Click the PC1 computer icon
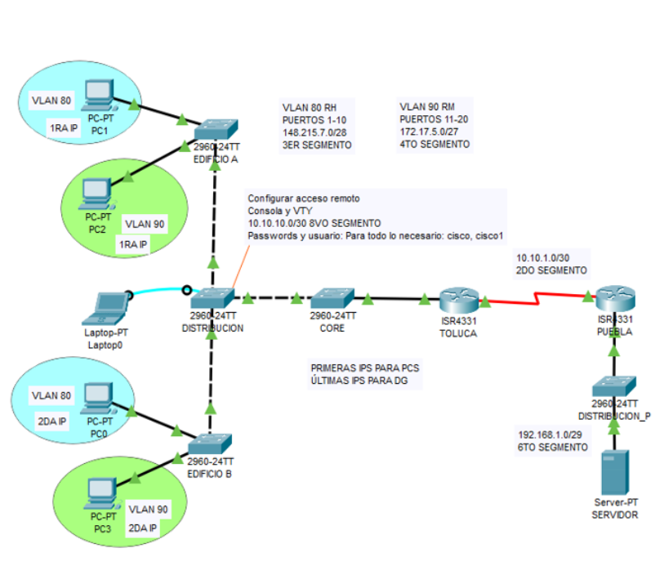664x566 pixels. click(100, 94)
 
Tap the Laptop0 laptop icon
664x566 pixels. click(109, 310)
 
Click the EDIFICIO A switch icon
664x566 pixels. click(216, 128)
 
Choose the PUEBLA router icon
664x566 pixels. click(614, 300)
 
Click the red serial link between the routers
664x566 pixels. click(535, 300)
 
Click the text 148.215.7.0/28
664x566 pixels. click(313, 132)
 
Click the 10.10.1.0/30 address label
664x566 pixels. click(543, 257)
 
